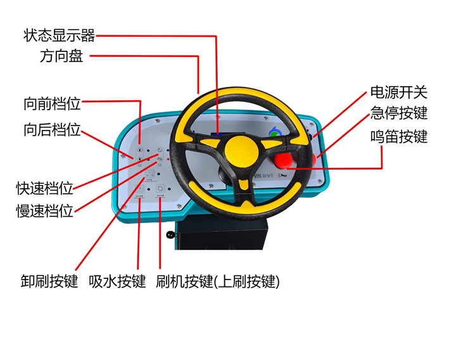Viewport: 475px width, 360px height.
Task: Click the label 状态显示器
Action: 60,35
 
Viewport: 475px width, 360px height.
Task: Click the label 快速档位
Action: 44,188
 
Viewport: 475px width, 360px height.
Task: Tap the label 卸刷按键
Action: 49,281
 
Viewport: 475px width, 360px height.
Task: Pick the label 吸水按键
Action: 117,281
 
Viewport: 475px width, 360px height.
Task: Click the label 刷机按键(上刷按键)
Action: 217,281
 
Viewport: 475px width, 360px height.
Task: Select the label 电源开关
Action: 399,93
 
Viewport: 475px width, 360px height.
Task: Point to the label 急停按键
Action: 399,113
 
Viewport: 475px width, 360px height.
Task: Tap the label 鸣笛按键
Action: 399,137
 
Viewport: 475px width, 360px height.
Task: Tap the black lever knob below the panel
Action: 170,236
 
